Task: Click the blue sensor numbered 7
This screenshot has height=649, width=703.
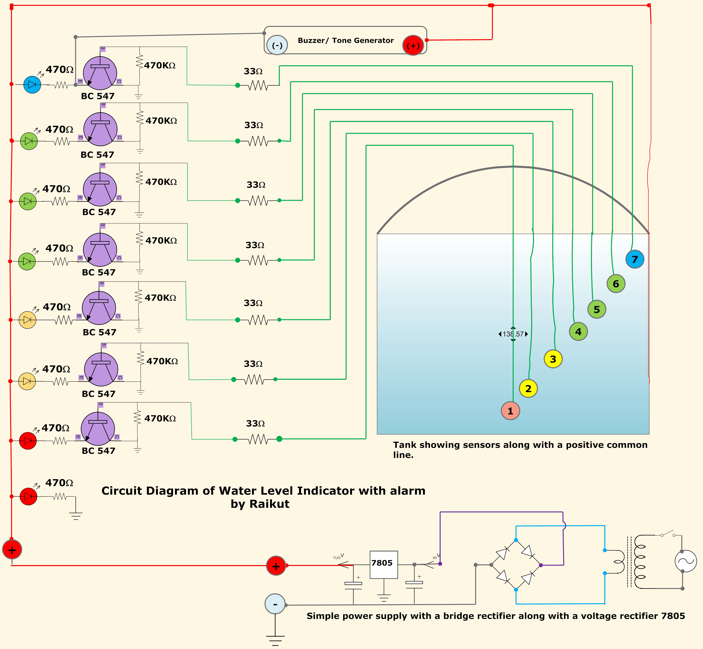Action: pos(635,259)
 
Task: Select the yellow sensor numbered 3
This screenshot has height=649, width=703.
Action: pos(553,359)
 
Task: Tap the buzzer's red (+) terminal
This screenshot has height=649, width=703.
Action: pos(413,45)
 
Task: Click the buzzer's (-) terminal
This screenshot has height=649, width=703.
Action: pos(277,45)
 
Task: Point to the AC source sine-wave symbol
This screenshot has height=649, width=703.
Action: pos(685,561)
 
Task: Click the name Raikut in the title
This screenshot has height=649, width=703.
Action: pos(269,504)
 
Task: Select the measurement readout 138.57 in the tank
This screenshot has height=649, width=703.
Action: pos(513,334)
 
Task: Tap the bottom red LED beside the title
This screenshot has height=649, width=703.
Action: pos(28,496)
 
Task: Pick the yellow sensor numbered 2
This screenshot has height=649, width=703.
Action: pos(528,388)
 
